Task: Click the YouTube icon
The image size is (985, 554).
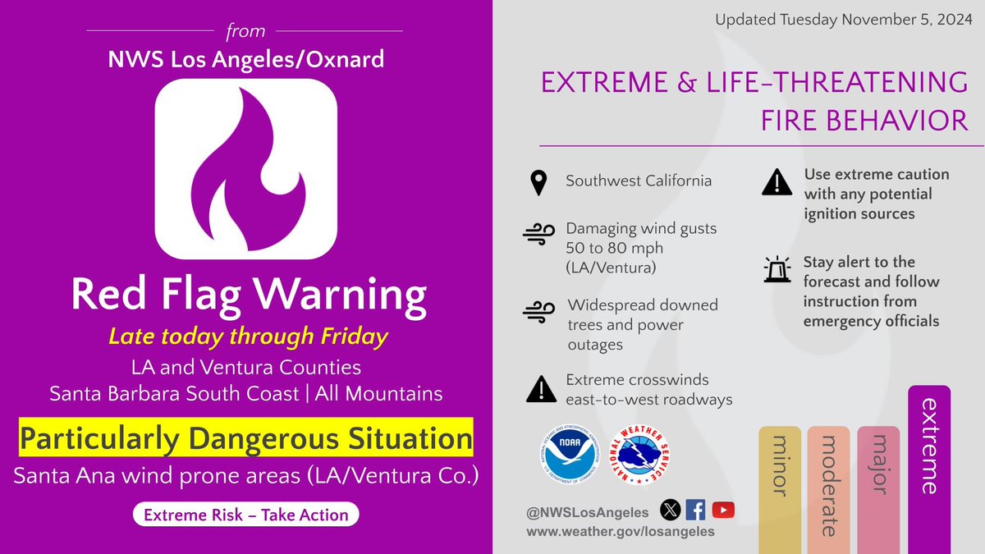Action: (723, 511)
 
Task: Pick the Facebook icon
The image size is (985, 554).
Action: (695, 511)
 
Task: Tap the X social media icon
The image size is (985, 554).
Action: (671, 511)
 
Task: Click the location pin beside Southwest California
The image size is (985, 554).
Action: (538, 181)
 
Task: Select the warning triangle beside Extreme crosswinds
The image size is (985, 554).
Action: (538, 390)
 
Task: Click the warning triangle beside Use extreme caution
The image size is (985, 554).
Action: (777, 183)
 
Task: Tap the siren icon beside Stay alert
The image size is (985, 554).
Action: (777, 271)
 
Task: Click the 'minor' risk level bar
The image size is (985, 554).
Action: (780, 489)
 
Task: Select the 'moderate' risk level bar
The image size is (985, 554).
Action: (828, 489)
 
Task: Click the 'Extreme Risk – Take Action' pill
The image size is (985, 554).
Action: (246, 515)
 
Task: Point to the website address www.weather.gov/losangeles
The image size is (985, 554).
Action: (621, 532)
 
